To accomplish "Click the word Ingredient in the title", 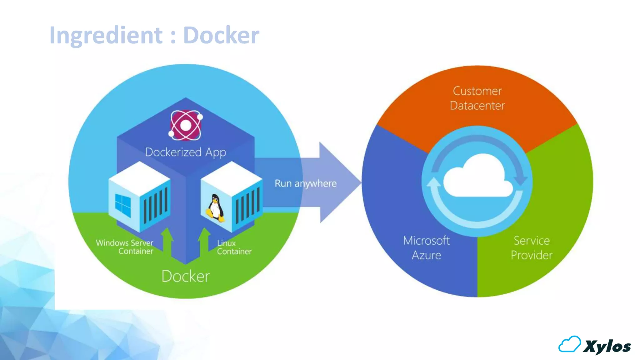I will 106,35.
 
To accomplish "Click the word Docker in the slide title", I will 221,35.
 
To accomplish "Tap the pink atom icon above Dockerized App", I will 186,125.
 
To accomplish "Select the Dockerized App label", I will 186,152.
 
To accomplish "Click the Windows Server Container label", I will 125,247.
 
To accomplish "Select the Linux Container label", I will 234,247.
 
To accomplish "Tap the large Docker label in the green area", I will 186,276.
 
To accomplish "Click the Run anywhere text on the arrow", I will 305,183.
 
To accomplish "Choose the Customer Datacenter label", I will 477,98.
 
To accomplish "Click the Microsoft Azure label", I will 426,248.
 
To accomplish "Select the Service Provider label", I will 531,248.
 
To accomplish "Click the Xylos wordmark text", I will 607,346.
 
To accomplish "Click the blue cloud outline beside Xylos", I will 569,344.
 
